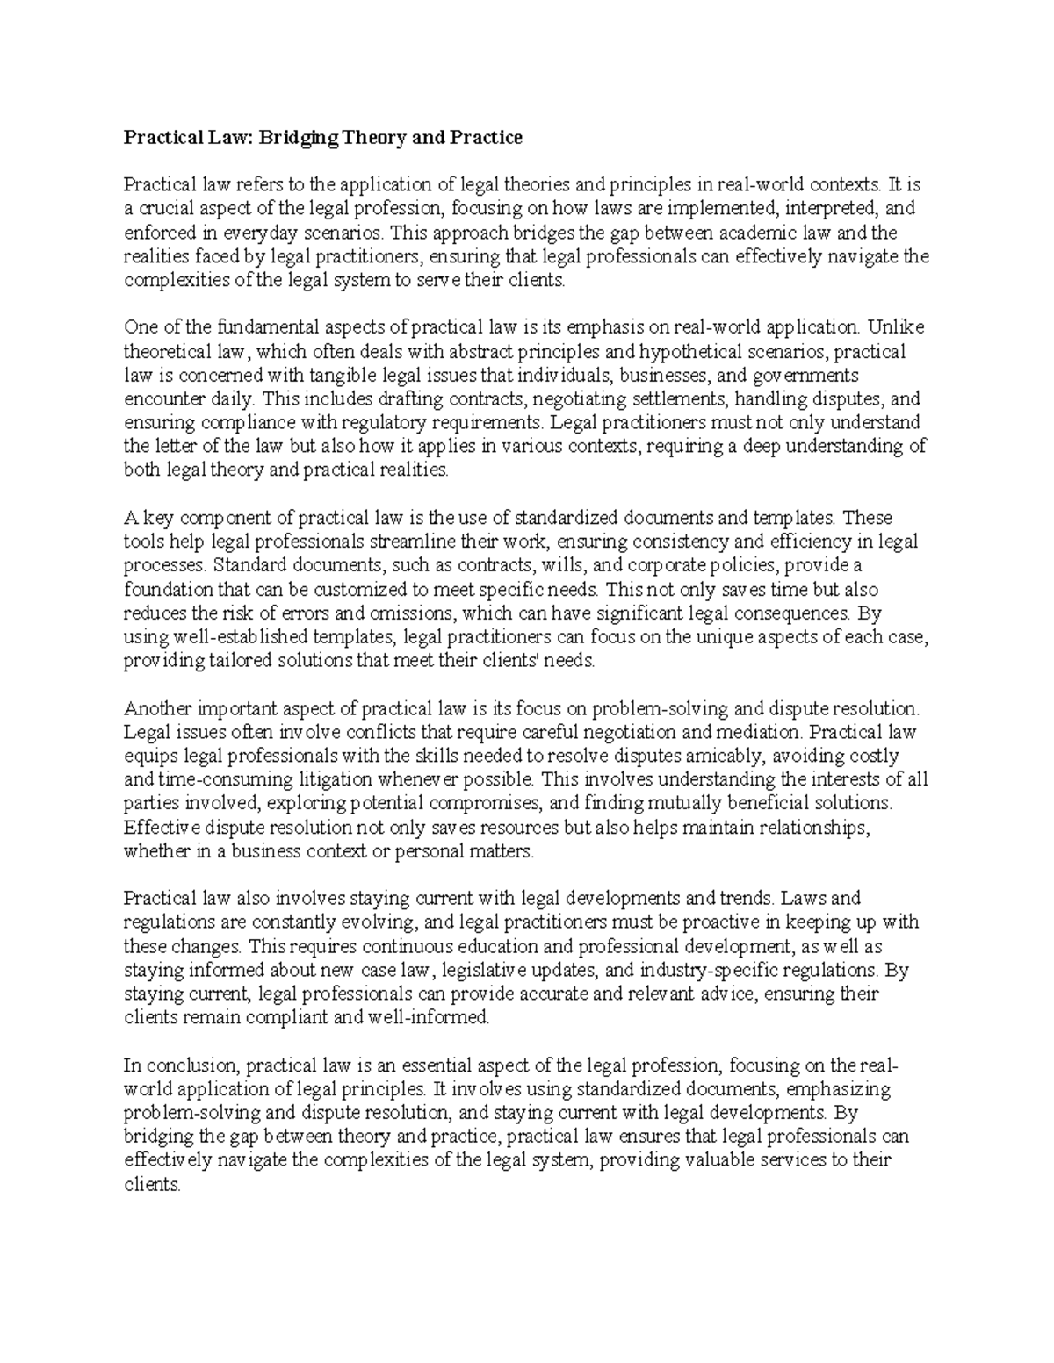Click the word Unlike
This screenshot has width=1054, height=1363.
point(896,328)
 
